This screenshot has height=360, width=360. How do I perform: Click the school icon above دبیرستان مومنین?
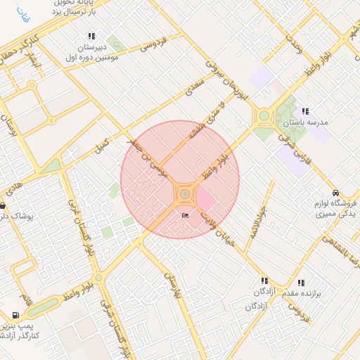pyautogui.click(x=91, y=36)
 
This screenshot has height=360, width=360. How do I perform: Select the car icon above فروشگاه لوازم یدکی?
pyautogui.click(x=335, y=193)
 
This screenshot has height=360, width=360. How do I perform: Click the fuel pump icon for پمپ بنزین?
pyautogui.click(x=15, y=315)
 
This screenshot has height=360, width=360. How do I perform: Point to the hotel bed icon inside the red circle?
pyautogui.click(x=185, y=215)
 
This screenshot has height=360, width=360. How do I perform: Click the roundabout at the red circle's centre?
pyautogui.click(x=184, y=193)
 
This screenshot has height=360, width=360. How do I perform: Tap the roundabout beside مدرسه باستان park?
pyautogui.click(x=264, y=117)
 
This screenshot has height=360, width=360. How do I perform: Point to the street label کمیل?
pyautogui.click(x=103, y=145)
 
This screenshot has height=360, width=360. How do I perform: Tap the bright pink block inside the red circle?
pyautogui.click(x=205, y=199)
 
